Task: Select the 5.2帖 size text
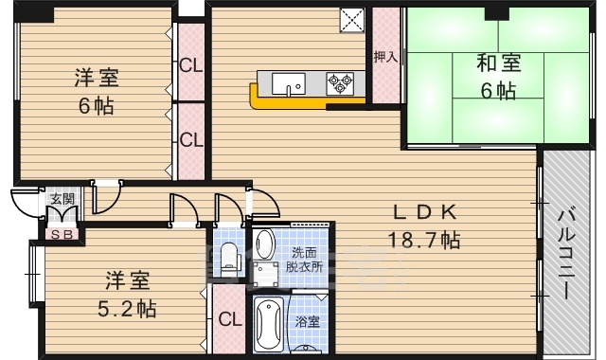click(126, 308)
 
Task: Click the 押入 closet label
click(384, 58)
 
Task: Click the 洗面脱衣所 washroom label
click(306, 260)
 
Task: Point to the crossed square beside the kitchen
click(352, 19)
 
